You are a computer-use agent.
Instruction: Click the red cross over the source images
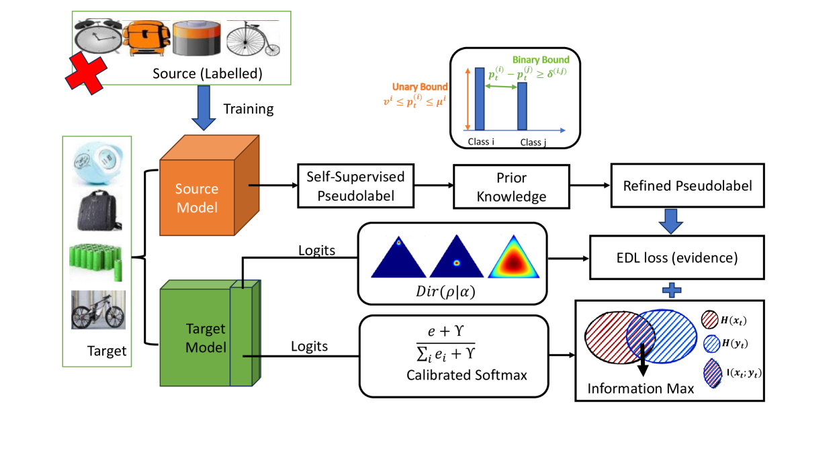point(85,73)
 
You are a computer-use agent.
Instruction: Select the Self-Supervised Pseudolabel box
point(355,185)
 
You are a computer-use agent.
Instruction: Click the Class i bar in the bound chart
point(480,98)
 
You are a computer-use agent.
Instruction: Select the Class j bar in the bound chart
point(522,106)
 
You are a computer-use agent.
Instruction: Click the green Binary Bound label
point(541,60)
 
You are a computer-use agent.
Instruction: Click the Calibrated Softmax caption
point(466,375)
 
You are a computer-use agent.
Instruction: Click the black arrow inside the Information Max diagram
point(643,357)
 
